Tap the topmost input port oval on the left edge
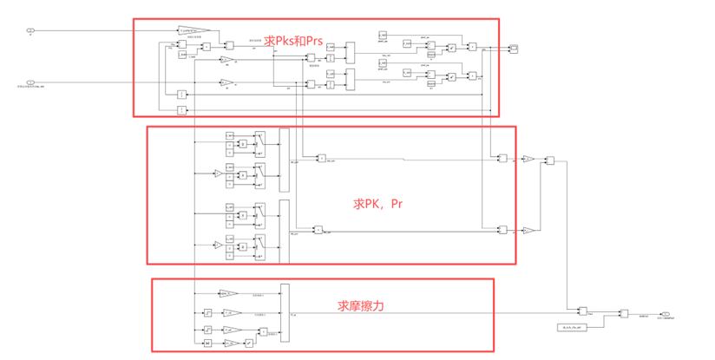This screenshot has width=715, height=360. [x=31, y=31]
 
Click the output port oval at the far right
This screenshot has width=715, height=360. [x=664, y=314]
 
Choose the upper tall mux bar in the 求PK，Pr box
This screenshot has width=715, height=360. [x=284, y=159]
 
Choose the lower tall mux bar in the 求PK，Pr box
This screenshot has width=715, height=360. [x=284, y=231]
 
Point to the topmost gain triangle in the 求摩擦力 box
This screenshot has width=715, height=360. [x=229, y=294]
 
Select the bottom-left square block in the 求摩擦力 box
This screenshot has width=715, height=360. [x=208, y=344]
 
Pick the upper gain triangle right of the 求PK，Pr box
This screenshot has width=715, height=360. [x=527, y=159]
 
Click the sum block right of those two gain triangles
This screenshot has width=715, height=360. [x=549, y=161]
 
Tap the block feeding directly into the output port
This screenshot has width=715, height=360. [x=623, y=314]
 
